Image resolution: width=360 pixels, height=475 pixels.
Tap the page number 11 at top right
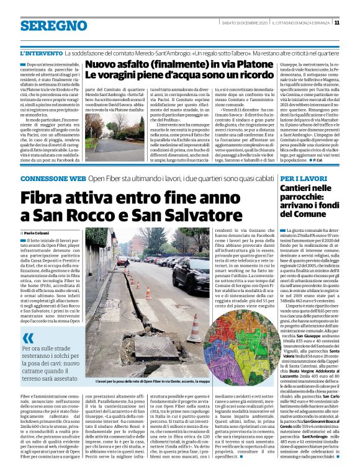coord(354,23)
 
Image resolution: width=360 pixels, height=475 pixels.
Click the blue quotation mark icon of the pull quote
coord(29,339)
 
